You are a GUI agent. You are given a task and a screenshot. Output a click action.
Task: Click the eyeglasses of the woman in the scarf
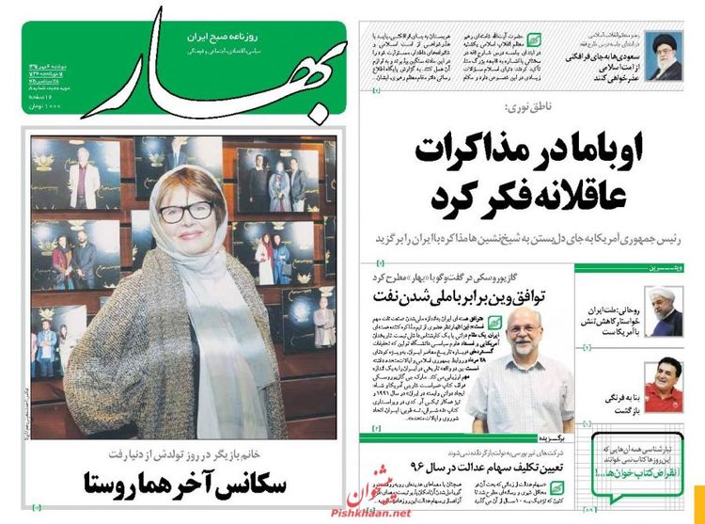(x=186, y=211)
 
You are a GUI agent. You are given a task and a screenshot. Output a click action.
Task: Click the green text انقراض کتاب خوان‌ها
(x=632, y=472)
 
